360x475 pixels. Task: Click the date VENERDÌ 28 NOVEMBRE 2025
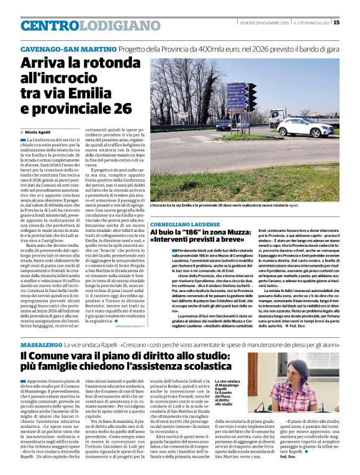[x=263, y=23]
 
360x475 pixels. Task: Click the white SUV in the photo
[x=305, y=128]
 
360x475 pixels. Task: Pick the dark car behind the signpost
[x=223, y=124]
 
